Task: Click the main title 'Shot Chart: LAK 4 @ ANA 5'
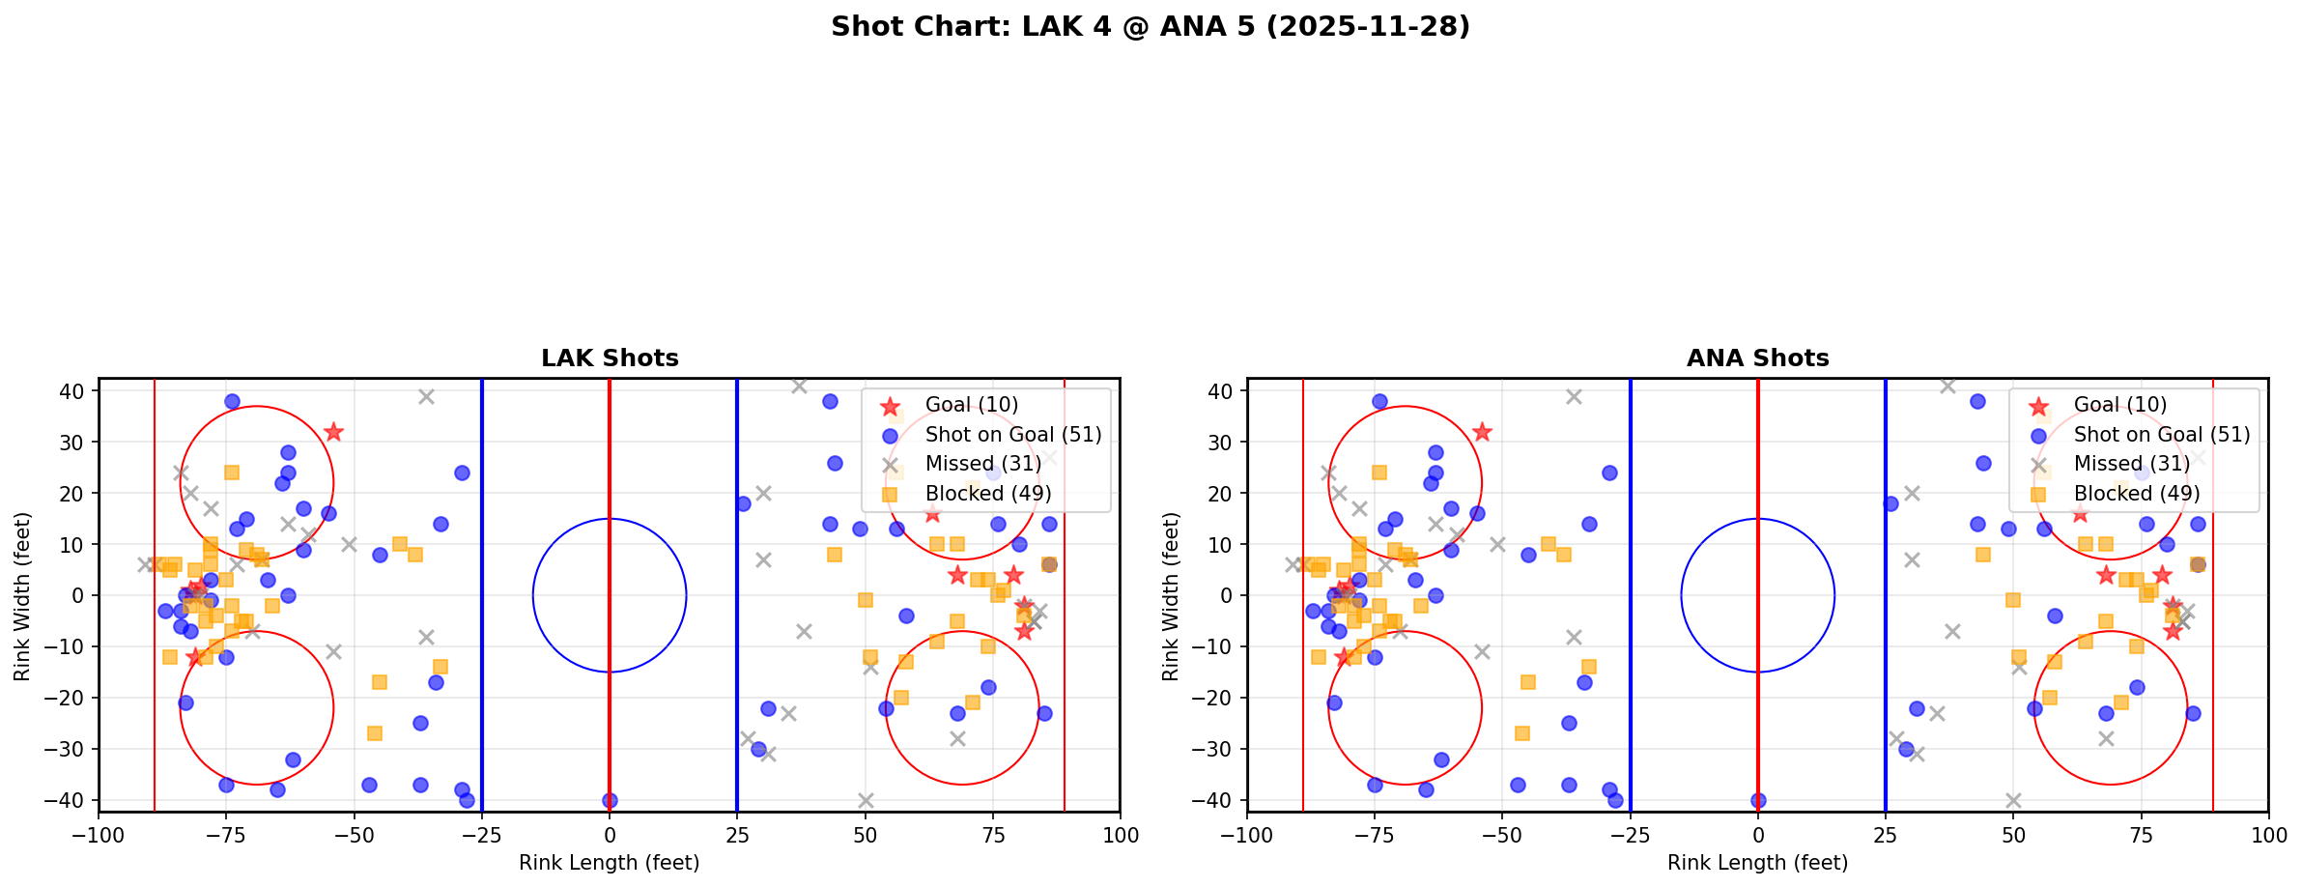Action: [1150, 27]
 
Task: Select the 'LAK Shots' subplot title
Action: [610, 358]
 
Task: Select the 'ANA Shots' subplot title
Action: [1757, 358]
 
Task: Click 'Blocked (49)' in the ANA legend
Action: [2136, 494]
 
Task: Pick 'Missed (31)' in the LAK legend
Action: [982, 464]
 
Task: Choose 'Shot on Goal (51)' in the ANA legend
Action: [2161, 435]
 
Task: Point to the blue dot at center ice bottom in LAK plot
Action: [610, 800]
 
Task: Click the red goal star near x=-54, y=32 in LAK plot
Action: [334, 432]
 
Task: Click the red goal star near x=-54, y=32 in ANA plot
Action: [1482, 432]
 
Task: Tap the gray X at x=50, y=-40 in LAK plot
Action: [866, 800]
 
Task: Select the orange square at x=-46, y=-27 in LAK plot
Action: [375, 733]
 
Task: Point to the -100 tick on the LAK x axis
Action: [99, 835]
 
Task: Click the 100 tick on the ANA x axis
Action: [2267, 835]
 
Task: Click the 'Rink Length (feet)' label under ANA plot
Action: [1757, 863]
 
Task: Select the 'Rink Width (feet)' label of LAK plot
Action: [21, 595]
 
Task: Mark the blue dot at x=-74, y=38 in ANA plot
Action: [1379, 401]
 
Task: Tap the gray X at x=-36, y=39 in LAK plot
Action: [426, 396]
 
